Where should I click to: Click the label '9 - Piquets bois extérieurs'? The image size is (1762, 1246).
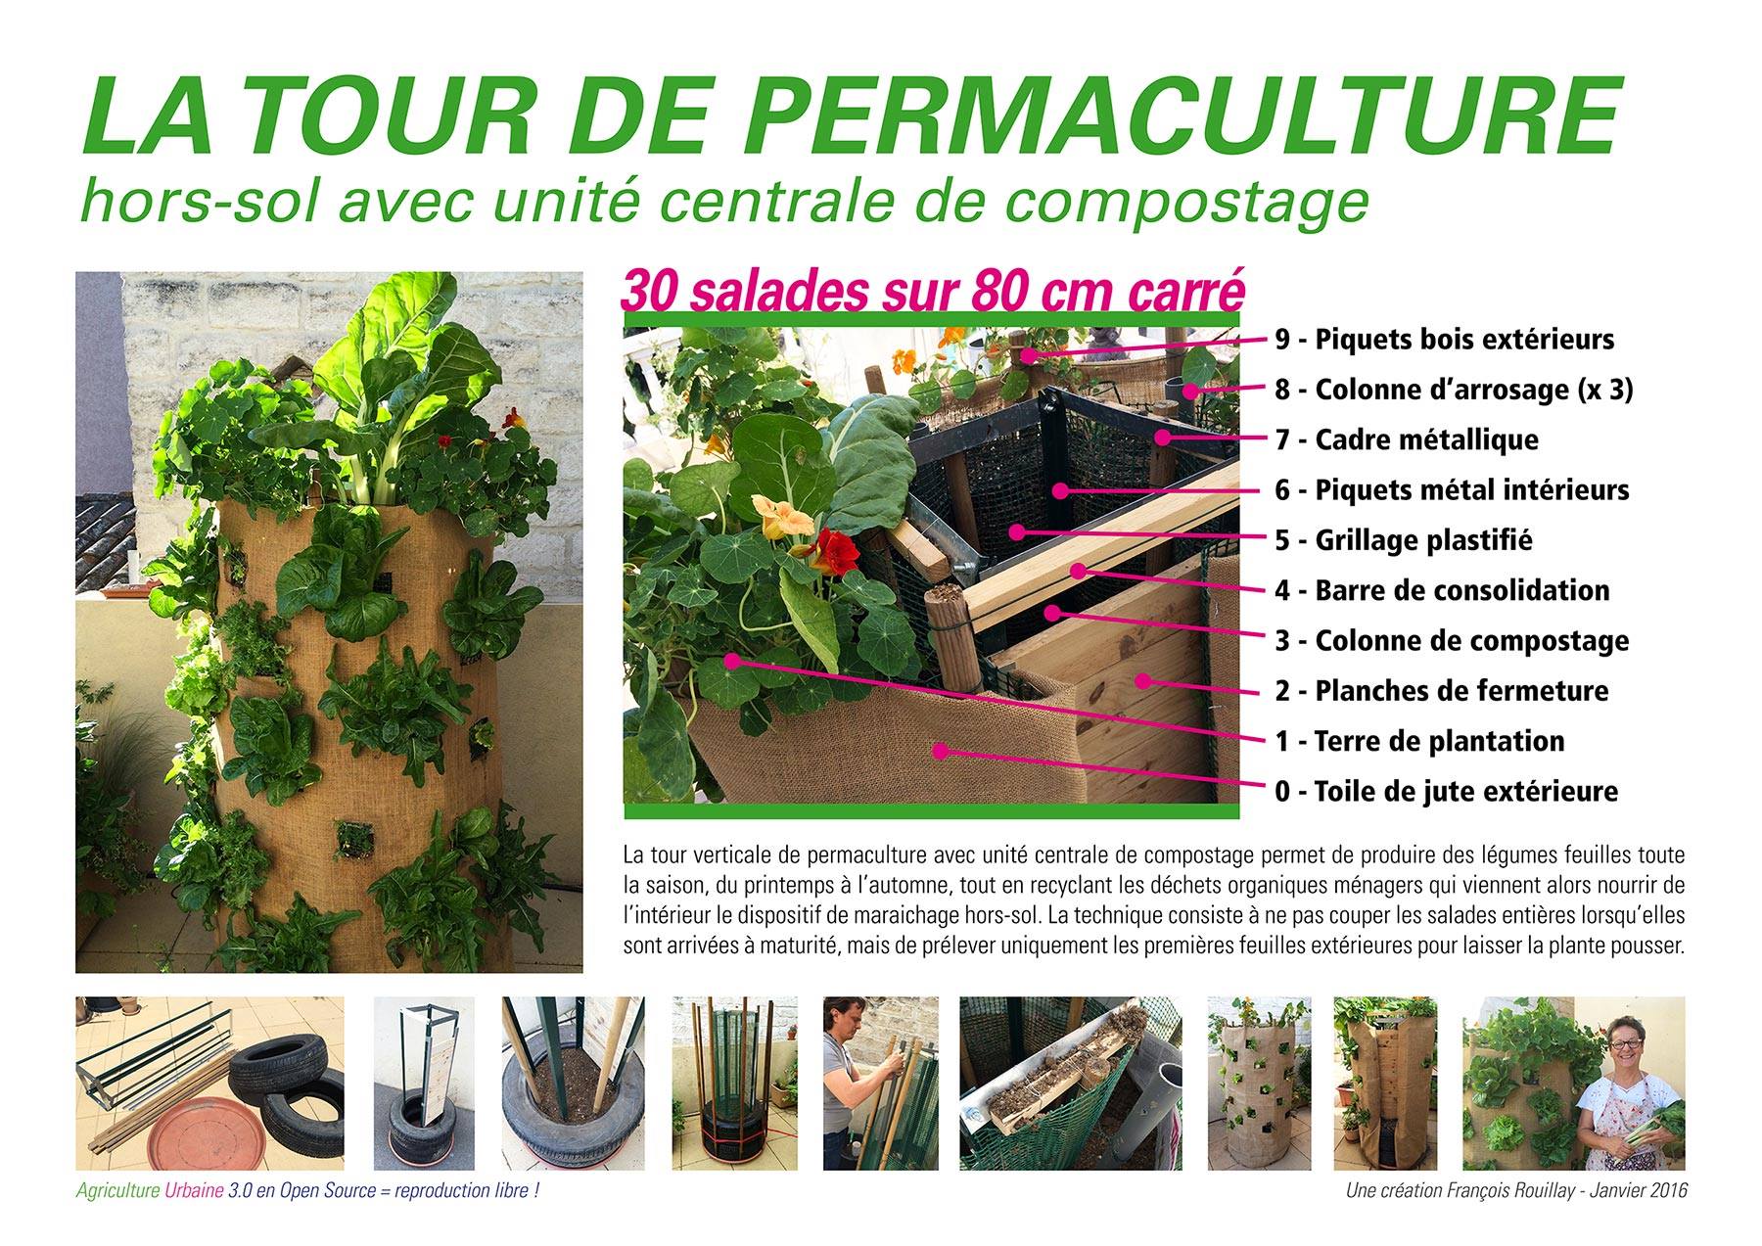[1444, 340]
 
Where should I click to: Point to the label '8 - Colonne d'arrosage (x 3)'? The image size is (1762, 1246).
[1454, 390]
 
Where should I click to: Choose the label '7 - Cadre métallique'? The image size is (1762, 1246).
[1407, 439]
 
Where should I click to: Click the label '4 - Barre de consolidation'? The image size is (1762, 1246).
[1442, 590]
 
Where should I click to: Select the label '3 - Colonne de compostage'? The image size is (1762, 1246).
[1452, 641]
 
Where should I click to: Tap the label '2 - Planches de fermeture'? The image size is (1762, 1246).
[1441, 691]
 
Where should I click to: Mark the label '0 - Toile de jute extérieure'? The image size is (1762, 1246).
[1446, 791]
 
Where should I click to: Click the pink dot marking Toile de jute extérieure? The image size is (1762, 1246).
[941, 752]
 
